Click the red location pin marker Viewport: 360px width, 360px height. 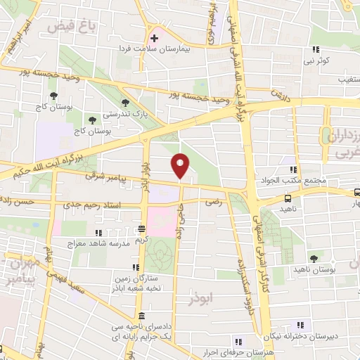point(181,166)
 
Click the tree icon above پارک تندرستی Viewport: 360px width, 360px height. point(126,103)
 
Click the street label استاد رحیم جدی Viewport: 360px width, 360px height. point(97,205)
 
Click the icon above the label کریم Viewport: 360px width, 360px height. point(141,229)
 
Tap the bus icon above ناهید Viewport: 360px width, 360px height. point(289,199)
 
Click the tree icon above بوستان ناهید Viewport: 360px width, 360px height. point(314,259)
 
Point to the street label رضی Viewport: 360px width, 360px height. point(211,202)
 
